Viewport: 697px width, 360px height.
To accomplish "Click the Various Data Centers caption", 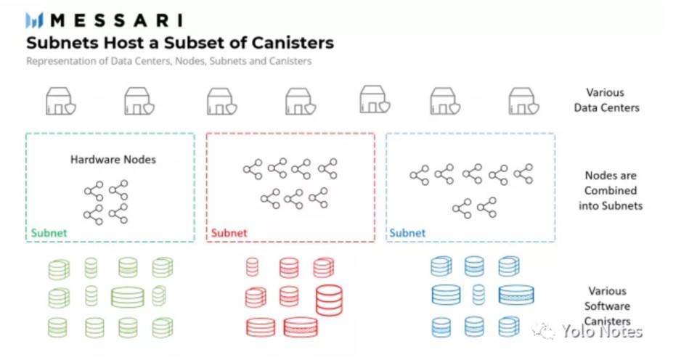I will pos(606,100).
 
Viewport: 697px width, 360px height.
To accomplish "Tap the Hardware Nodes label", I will pos(113,160).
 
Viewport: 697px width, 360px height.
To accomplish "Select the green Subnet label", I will pos(49,233).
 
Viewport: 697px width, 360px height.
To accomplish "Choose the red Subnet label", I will pos(229,233).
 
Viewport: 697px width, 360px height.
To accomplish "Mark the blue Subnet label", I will pos(407,233).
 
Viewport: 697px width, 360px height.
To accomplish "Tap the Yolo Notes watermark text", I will pos(601,332).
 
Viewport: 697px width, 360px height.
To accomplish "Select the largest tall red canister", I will pos(329,300).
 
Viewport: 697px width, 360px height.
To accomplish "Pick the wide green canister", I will pos(128,297).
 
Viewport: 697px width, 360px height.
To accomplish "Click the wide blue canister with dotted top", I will pos(516,295).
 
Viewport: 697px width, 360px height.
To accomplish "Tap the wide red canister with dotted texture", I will pos(301,327).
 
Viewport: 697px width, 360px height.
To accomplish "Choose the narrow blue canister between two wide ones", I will pos(478,295).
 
